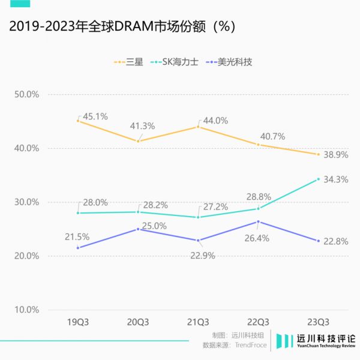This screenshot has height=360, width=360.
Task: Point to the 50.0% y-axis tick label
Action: tap(26, 95)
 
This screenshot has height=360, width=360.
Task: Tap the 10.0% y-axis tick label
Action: tap(26, 310)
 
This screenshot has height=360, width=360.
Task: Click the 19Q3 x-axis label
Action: tap(78, 322)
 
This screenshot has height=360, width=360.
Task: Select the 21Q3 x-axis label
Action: tap(198, 322)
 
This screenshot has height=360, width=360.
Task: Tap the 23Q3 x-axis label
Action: tap(318, 322)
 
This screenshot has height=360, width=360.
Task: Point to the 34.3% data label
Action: tap(336, 179)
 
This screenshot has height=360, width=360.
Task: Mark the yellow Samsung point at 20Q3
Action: tap(138, 141)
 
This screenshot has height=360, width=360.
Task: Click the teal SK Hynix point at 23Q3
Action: tap(318, 179)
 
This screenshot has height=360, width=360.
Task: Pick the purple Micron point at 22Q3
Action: tap(258, 221)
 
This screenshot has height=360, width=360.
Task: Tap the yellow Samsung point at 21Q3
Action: tap(198, 127)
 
